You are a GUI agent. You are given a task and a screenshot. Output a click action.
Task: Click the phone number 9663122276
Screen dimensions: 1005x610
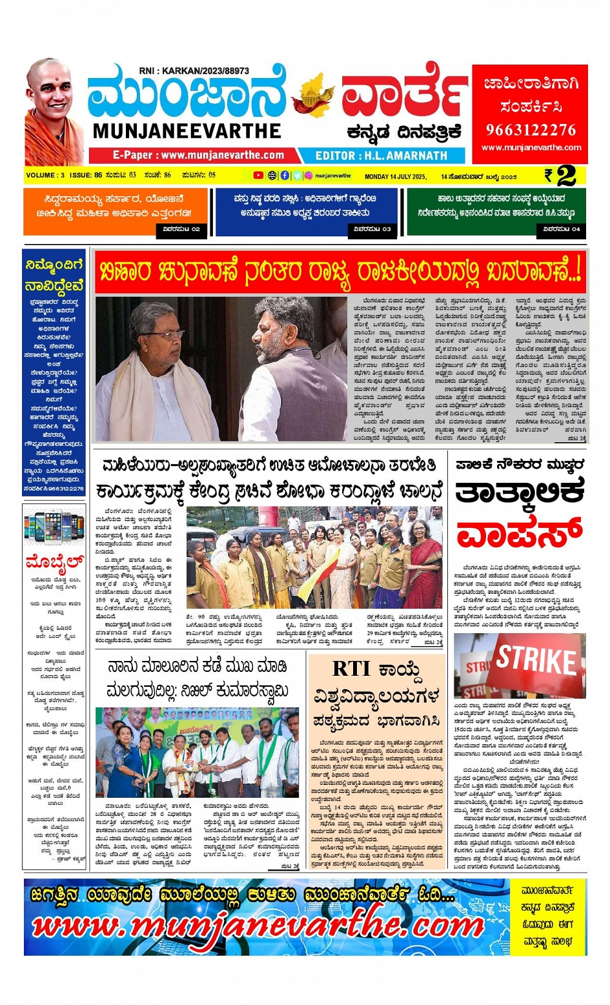[x=530, y=130]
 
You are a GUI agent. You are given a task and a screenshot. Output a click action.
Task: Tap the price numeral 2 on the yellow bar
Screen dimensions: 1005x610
[x=565, y=175]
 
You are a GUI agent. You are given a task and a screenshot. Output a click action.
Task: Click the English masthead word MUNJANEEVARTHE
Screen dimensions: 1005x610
[x=187, y=131]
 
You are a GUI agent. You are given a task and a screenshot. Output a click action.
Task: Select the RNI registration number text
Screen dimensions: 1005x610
[x=194, y=71]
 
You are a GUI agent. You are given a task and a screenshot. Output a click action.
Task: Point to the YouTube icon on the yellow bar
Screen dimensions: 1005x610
[x=258, y=175]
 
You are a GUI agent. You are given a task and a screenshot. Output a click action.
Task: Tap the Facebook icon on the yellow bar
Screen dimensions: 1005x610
[x=285, y=175]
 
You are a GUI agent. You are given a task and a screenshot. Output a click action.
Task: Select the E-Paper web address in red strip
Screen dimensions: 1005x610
[x=198, y=156]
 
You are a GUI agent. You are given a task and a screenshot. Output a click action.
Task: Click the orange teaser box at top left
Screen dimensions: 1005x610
[x=116, y=212]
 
